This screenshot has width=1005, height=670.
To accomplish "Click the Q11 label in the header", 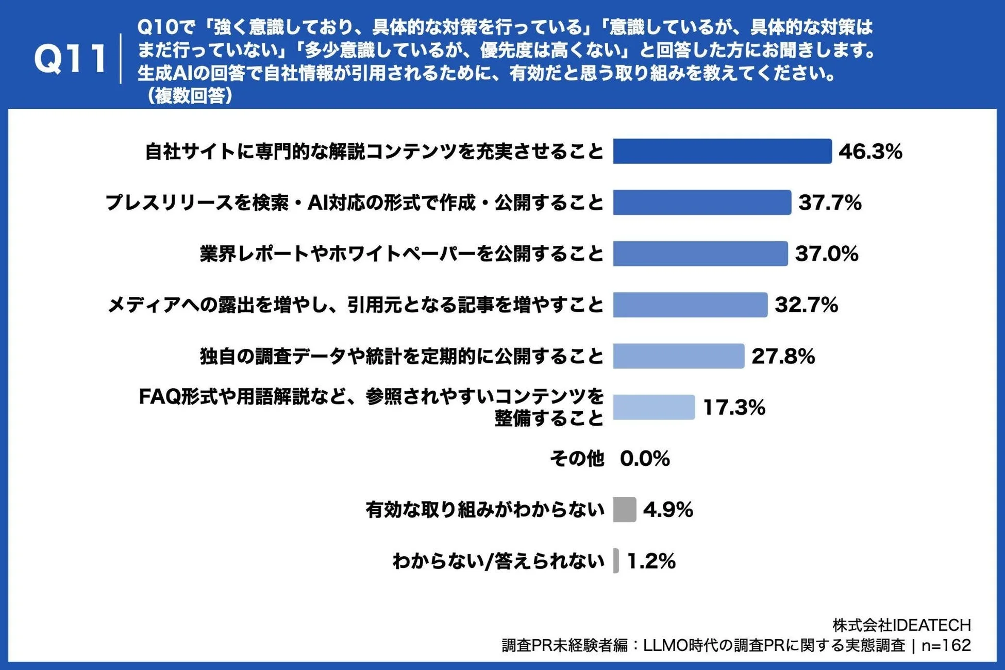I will coord(70,58).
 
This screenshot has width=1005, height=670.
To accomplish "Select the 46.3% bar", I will coord(722,152).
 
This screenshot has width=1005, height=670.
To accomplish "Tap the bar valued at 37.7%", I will coord(702,203).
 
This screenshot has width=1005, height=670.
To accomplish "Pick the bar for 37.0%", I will coord(700,254).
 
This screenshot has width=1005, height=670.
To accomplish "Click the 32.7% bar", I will coord(690,305).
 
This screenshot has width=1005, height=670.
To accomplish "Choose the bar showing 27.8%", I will coord(679,356).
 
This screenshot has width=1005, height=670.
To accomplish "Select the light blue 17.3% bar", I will coord(654,407).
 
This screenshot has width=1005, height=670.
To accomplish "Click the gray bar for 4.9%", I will coord(625,510).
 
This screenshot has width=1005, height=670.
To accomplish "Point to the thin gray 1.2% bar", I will coord(616,561).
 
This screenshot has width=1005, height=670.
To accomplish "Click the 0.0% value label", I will coord(645,458).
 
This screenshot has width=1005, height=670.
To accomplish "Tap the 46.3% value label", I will coord(870,152).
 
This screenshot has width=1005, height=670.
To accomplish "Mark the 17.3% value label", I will coord(734,407).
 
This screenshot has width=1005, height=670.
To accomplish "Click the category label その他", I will coord(577,458).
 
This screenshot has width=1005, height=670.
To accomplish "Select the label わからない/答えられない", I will coord(498,561).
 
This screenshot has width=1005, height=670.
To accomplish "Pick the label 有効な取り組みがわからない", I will coord(484,510).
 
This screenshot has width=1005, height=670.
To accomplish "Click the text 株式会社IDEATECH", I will coord(901,625).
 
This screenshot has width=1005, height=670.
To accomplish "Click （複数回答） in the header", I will coord(189,96).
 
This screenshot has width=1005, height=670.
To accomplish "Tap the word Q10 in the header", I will coord(157,27).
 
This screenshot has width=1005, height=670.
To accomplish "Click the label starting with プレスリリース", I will coord(354,203).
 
